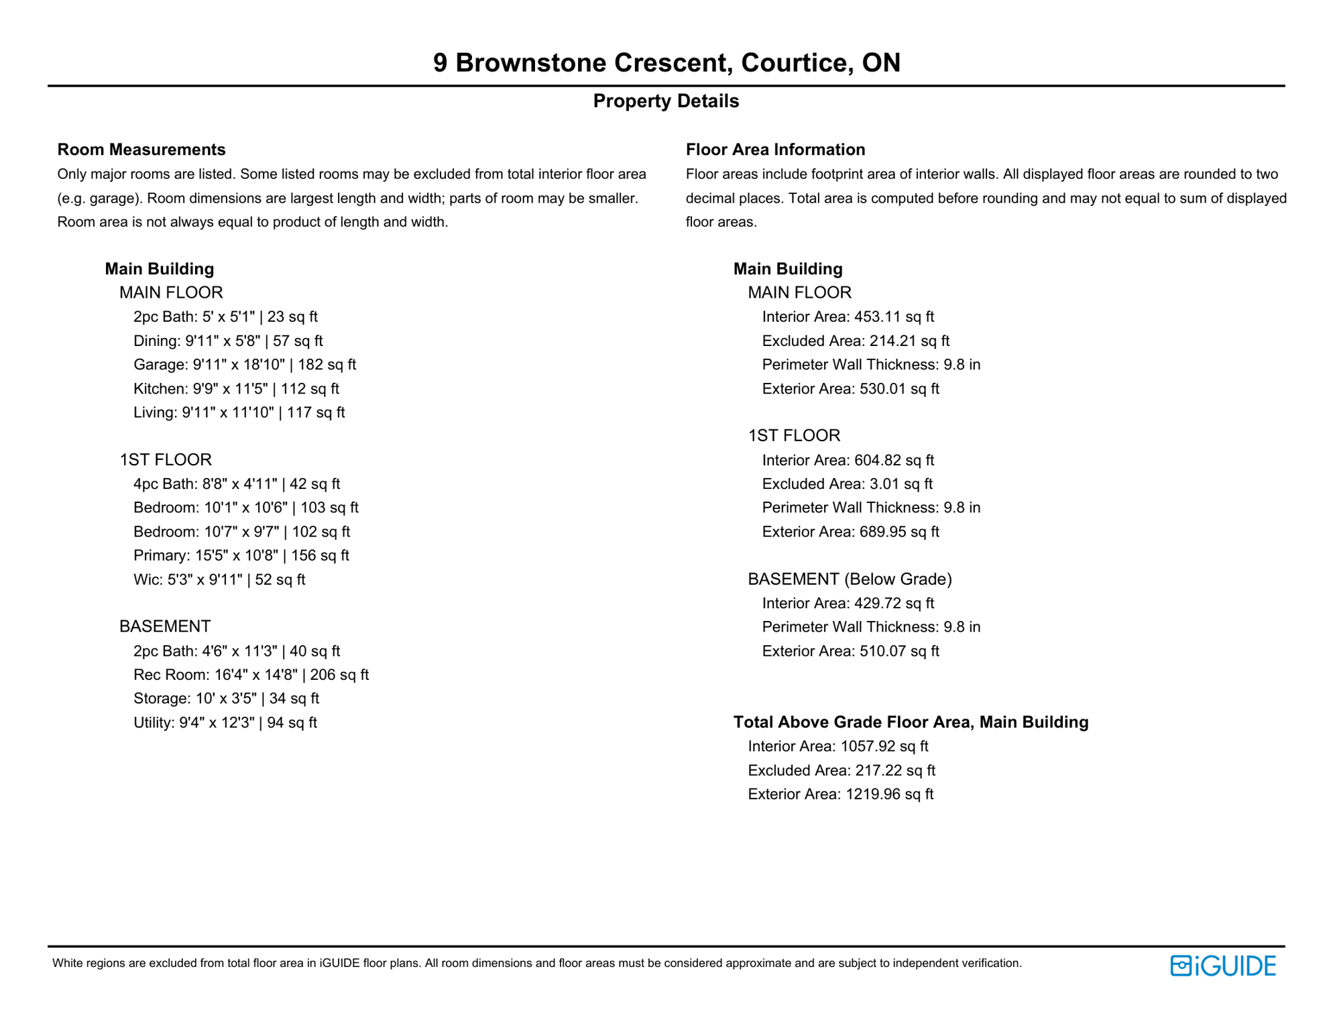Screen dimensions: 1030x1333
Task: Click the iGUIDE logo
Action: pos(1222,966)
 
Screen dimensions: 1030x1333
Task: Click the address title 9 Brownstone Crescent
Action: pos(666,62)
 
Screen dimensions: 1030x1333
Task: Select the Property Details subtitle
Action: pos(666,101)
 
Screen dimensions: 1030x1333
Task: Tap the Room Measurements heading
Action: pos(141,150)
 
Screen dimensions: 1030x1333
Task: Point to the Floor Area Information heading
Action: pos(775,150)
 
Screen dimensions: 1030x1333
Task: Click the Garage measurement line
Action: pos(245,365)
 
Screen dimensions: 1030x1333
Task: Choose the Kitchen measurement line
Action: pos(236,389)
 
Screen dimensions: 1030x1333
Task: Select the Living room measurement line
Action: pos(239,412)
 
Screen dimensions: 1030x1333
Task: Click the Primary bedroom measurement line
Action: pos(241,555)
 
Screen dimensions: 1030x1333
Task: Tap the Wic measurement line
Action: pos(219,579)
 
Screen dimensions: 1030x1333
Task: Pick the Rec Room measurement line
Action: pos(251,675)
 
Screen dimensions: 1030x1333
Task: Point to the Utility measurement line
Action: pos(225,723)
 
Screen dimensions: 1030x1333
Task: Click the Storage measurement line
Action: pos(226,699)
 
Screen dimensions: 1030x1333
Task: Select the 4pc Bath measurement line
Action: pos(237,484)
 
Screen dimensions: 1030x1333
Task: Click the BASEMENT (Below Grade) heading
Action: pos(850,579)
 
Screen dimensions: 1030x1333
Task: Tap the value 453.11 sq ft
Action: pos(894,317)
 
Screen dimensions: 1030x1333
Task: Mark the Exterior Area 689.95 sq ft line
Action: pos(850,532)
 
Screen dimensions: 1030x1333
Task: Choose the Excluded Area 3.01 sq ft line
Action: pos(847,484)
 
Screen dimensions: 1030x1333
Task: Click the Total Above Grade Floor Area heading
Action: pos(911,722)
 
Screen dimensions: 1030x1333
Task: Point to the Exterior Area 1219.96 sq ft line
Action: pos(840,795)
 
